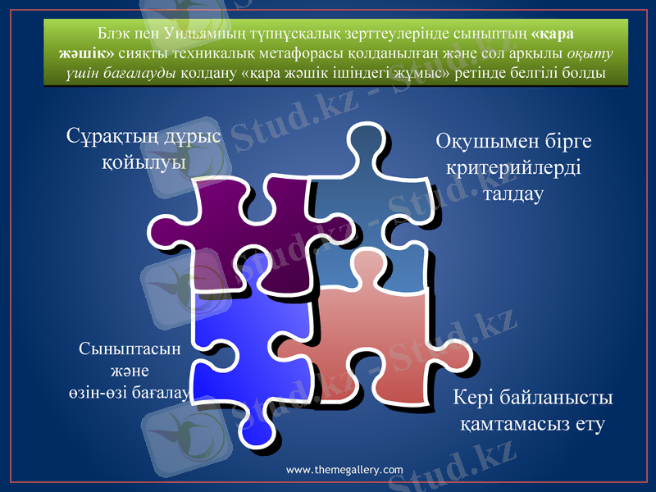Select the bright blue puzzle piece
pos(238,344)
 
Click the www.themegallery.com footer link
pos(344,470)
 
